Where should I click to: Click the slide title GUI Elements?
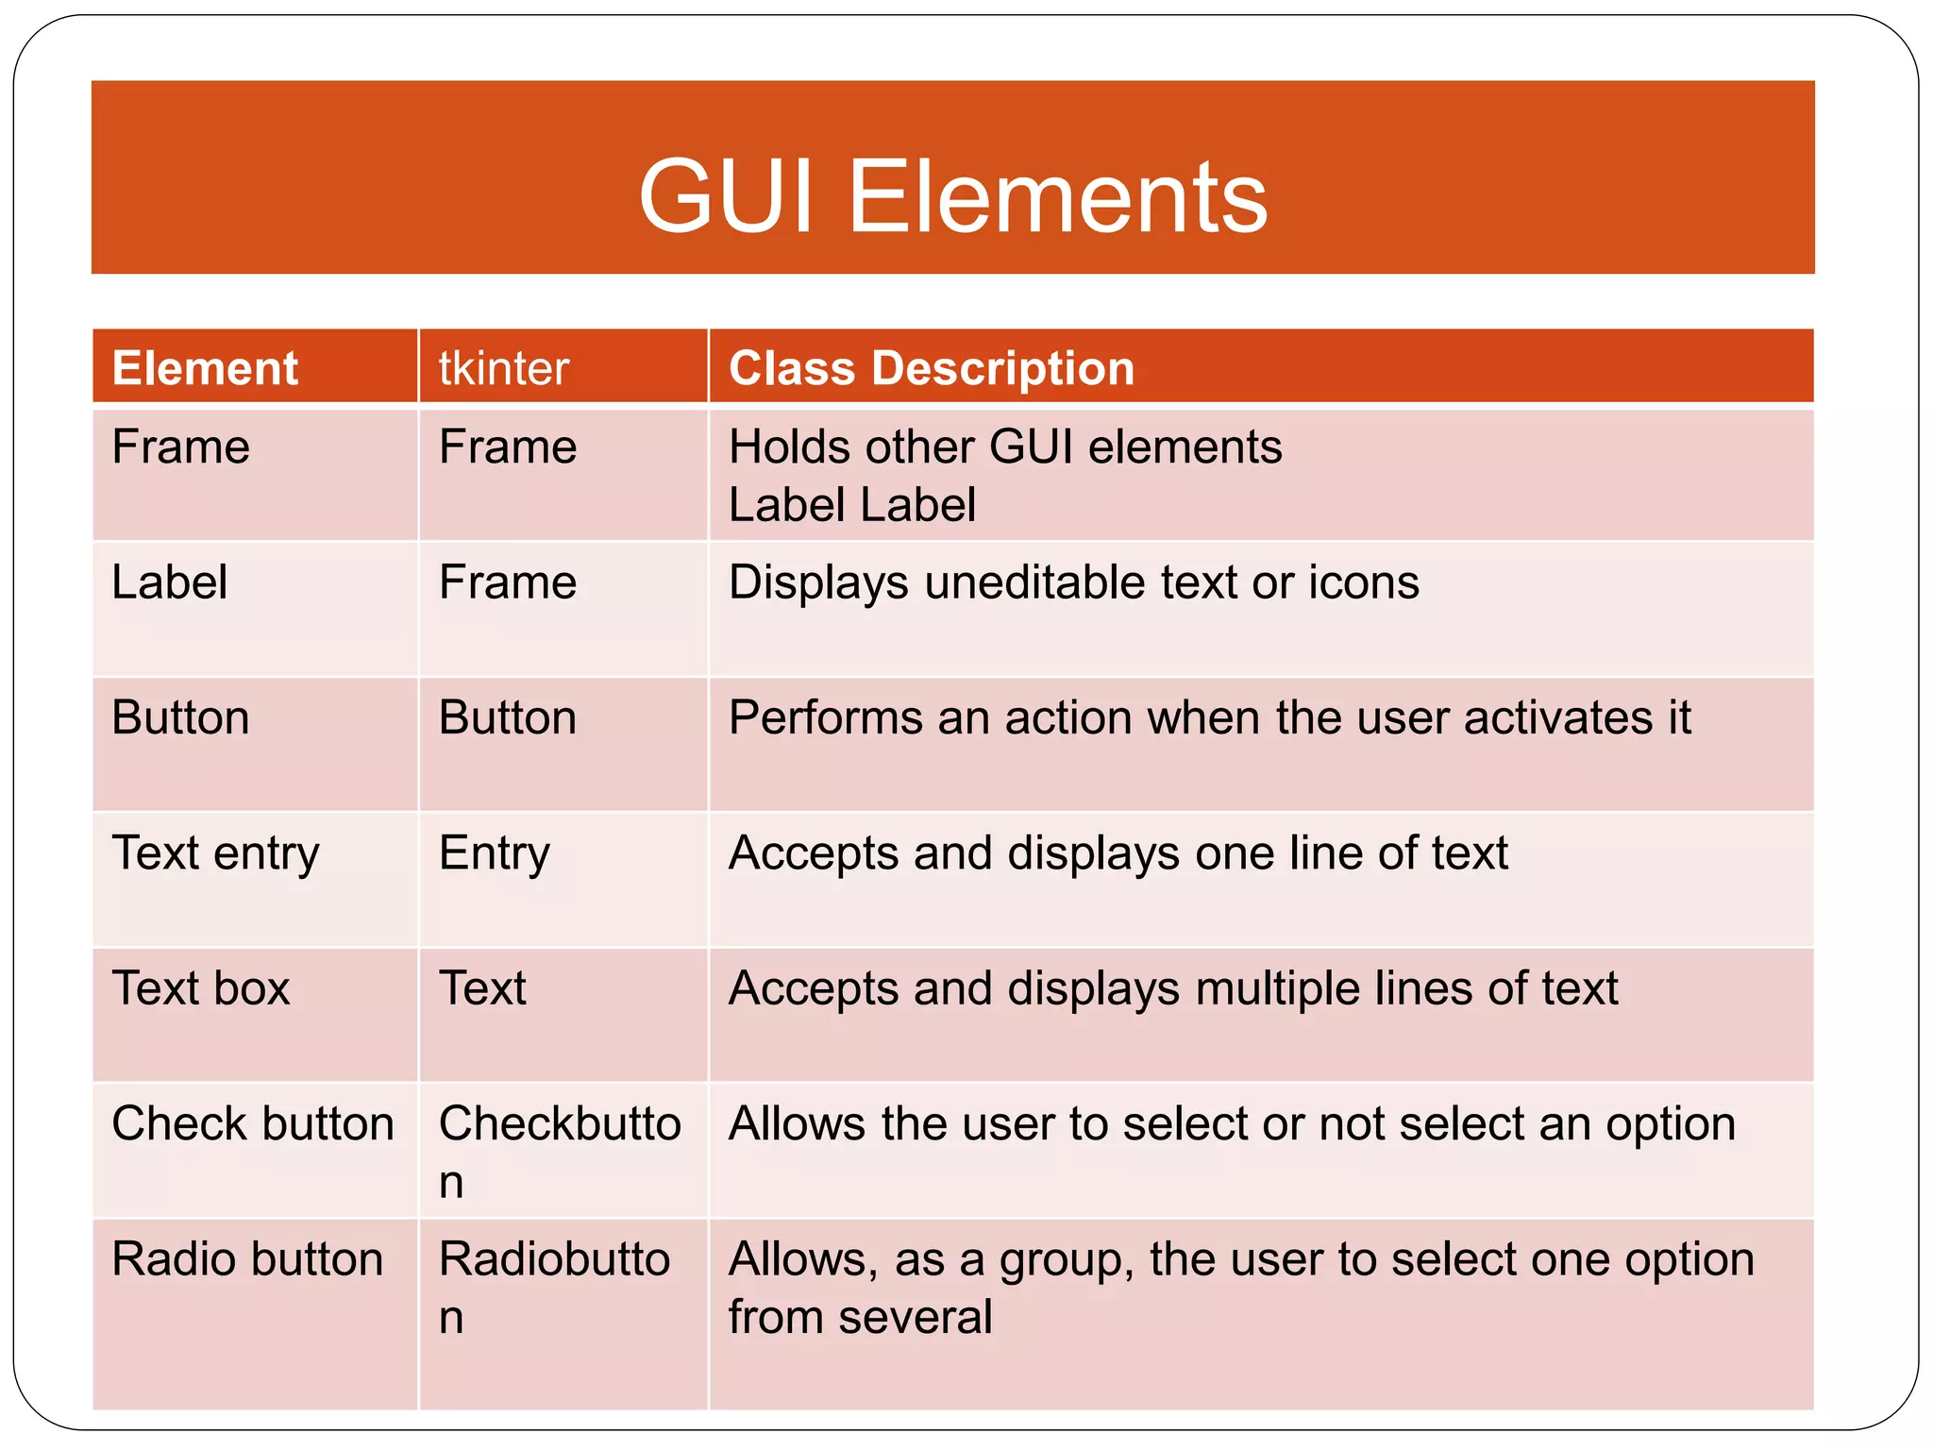click(952, 196)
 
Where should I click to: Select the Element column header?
click(205, 368)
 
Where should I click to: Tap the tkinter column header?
click(504, 368)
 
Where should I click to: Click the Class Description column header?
click(931, 368)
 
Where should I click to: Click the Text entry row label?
click(215, 853)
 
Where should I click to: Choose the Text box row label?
click(200, 988)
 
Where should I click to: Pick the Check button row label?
click(252, 1123)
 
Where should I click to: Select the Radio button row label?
click(247, 1259)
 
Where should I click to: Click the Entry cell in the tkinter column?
click(494, 853)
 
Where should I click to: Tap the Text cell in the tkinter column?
click(482, 988)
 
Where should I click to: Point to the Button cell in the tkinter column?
click(508, 717)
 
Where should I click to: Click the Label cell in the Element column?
click(170, 582)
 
